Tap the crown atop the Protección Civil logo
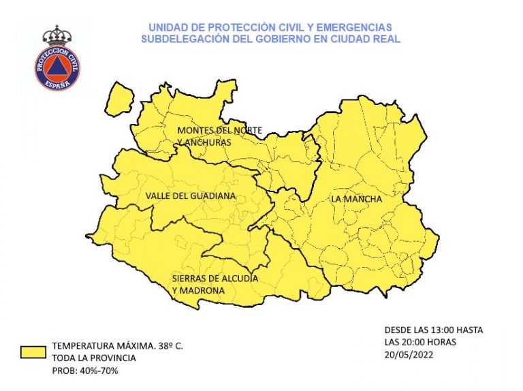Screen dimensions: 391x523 tap(57, 35)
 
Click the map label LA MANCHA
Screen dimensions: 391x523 tap(356, 199)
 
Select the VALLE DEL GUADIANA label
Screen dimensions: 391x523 tap(191, 196)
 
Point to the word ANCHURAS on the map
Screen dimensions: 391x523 tap(208, 142)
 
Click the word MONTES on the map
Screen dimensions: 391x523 tap(194, 129)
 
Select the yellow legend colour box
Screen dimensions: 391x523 tap(31, 351)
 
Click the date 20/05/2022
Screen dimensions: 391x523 tap(408, 354)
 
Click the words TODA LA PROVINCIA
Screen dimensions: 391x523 tap(93, 358)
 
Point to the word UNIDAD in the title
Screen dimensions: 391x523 tap(166, 27)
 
